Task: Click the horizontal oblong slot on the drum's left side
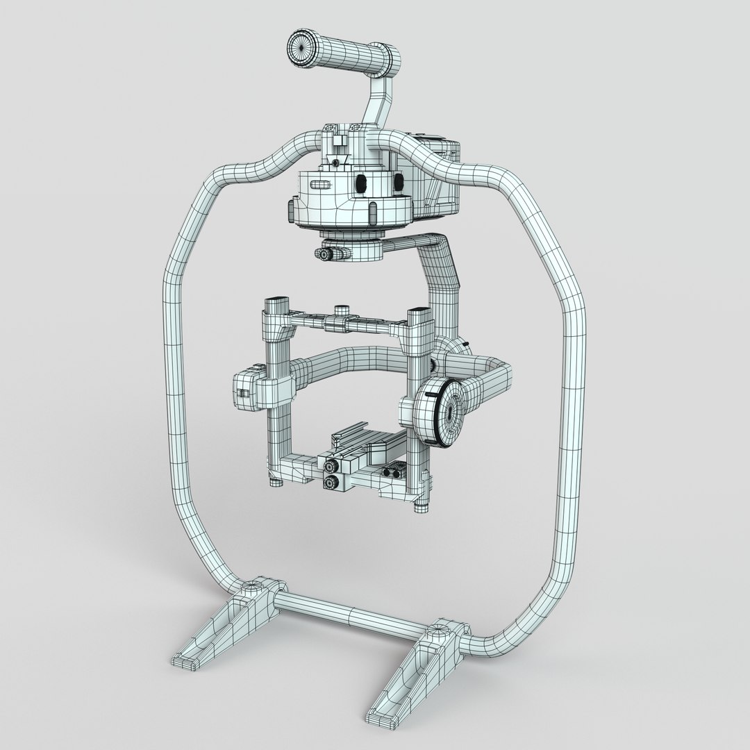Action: [x=322, y=184]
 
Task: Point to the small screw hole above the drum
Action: [x=336, y=162]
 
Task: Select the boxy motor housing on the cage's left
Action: [x=246, y=392]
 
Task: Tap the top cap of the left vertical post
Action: [x=276, y=302]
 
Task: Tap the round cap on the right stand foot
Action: [x=437, y=631]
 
